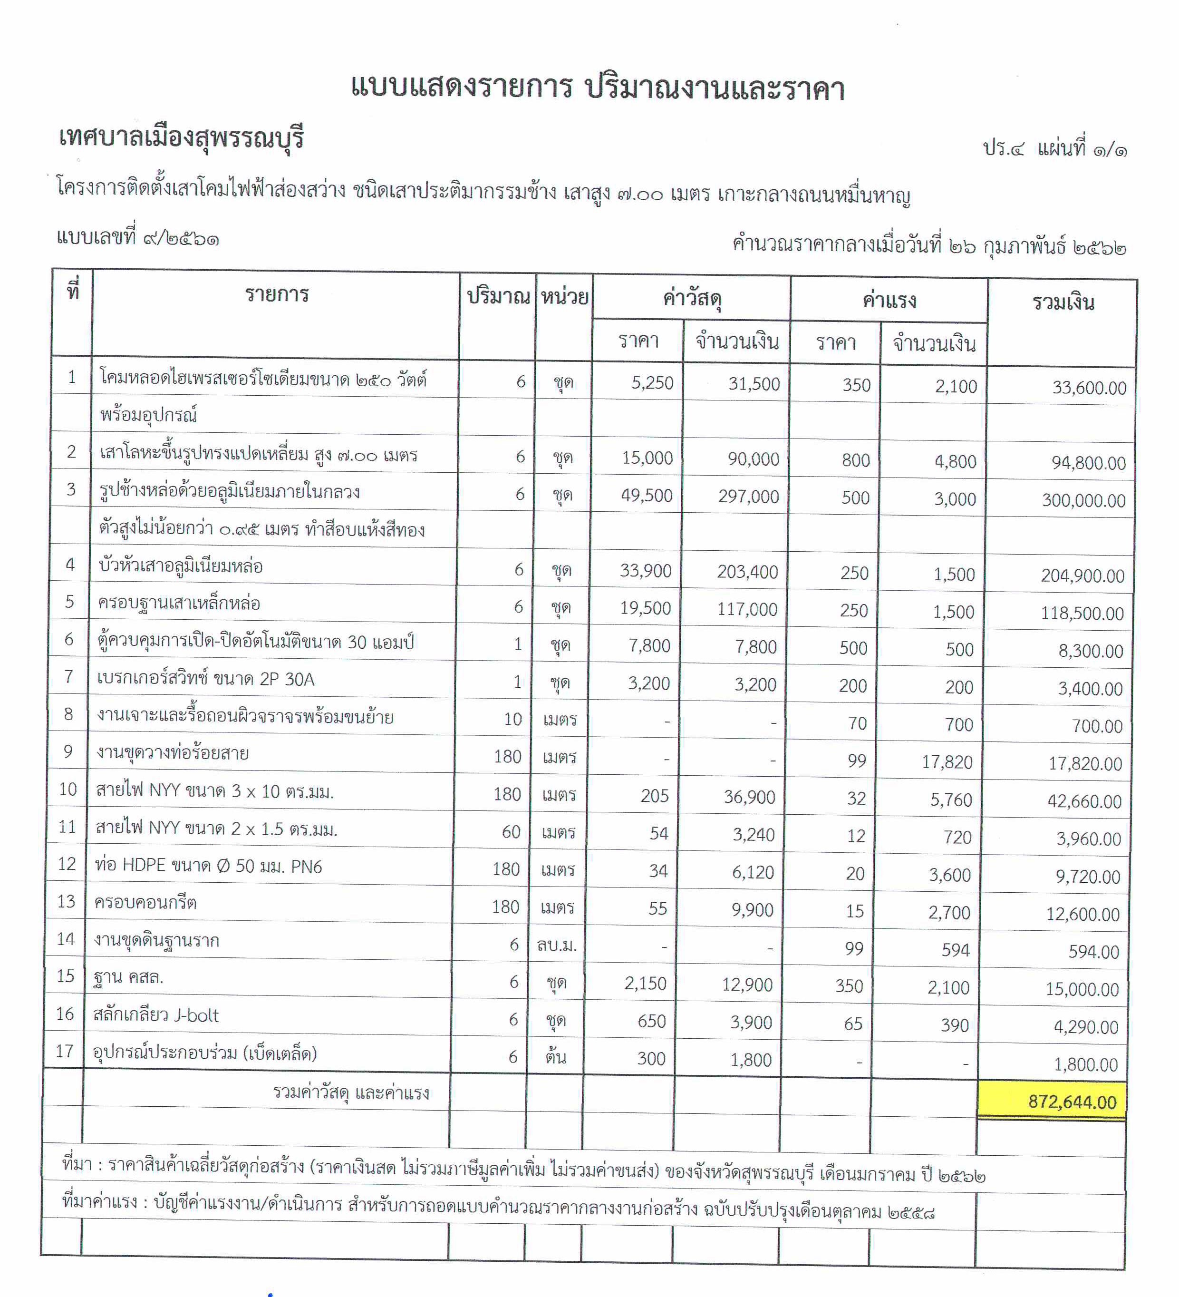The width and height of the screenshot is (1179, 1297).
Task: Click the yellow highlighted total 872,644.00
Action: tap(1072, 1102)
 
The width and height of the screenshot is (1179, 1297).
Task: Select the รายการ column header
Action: tap(277, 295)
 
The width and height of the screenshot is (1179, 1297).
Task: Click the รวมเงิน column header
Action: tap(1063, 302)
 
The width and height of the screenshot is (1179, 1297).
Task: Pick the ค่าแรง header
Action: tap(889, 301)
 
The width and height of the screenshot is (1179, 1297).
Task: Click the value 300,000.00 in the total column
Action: tap(1083, 500)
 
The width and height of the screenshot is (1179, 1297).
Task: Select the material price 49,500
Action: tap(647, 496)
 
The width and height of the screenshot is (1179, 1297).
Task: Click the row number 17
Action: tap(64, 1051)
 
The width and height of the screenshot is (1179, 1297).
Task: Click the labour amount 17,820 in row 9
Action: tap(947, 762)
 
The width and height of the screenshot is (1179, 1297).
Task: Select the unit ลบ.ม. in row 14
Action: tap(556, 945)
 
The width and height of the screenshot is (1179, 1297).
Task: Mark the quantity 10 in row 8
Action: tap(512, 719)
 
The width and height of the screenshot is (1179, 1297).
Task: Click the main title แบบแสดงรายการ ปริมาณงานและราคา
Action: tap(598, 88)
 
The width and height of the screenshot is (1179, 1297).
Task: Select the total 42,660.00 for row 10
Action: tap(1084, 801)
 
